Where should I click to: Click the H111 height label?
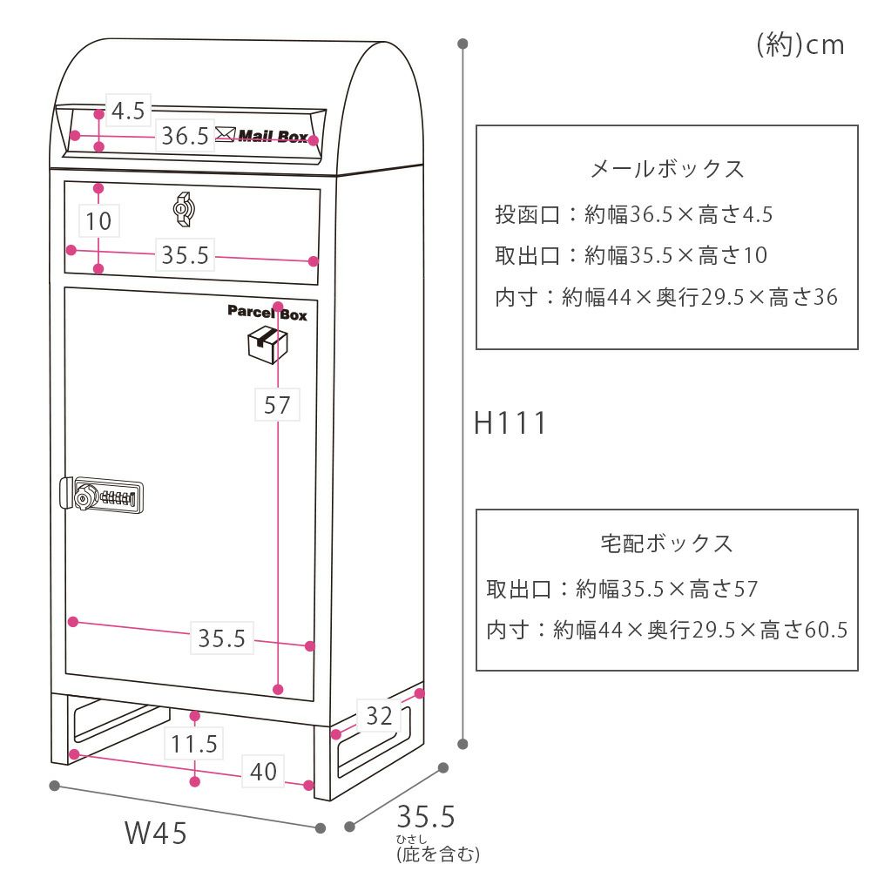click(510, 423)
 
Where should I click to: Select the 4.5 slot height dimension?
click(128, 111)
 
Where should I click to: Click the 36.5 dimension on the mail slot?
click(185, 136)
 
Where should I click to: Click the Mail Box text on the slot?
click(273, 136)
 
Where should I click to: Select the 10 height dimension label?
click(99, 220)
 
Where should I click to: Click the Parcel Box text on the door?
click(267, 314)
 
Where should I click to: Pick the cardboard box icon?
click(267, 345)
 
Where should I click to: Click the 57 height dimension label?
click(276, 405)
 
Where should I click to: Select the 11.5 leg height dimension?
click(193, 744)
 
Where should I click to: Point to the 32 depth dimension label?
click(379, 716)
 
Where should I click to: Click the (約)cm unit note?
click(800, 44)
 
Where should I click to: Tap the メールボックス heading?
click(667, 168)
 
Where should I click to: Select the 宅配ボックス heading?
click(667, 544)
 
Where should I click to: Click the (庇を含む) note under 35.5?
click(437, 854)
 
